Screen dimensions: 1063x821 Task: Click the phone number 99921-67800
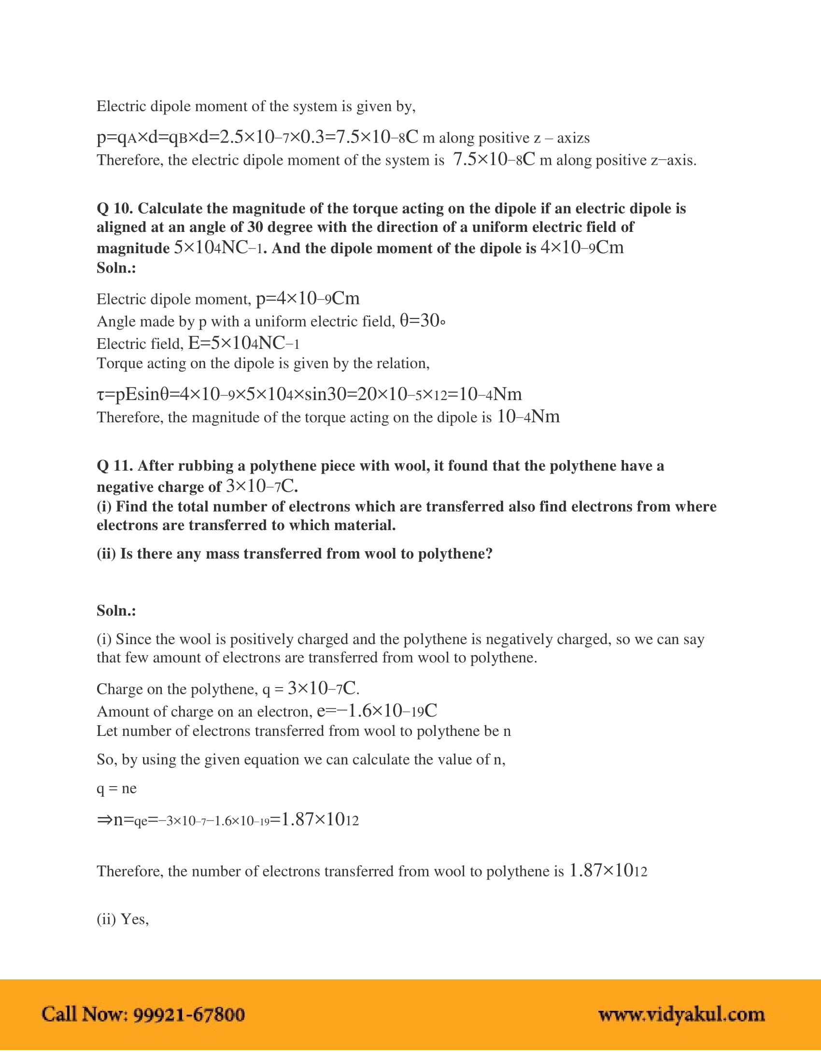[189, 1015]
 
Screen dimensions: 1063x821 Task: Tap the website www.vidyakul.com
[681, 1015]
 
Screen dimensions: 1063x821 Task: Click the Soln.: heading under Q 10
[116, 268]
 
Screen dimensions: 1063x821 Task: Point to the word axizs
[573, 138]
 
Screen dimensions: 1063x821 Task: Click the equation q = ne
[117, 789]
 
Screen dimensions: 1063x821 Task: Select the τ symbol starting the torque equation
[100, 394]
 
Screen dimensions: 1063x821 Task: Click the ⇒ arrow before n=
[104, 820]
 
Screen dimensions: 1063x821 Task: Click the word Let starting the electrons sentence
[107, 732]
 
